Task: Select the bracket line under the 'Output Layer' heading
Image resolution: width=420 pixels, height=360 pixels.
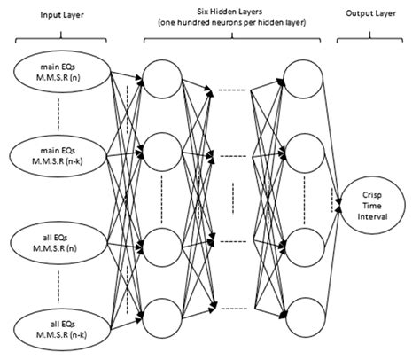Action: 372,38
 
